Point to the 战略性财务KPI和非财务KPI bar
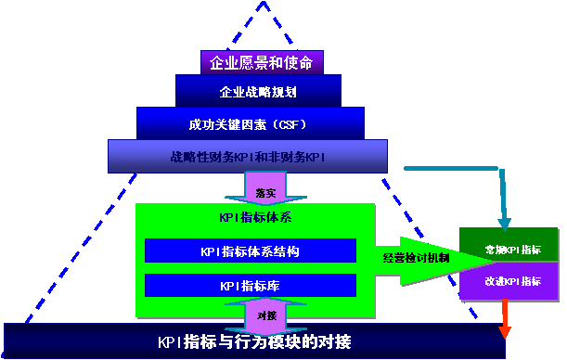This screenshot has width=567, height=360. tap(246, 156)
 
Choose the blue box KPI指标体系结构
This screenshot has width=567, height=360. tap(250, 251)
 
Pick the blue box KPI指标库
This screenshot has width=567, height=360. tap(250, 285)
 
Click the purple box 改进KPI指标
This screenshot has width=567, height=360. tap(511, 280)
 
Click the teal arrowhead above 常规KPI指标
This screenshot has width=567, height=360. tap(504, 223)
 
